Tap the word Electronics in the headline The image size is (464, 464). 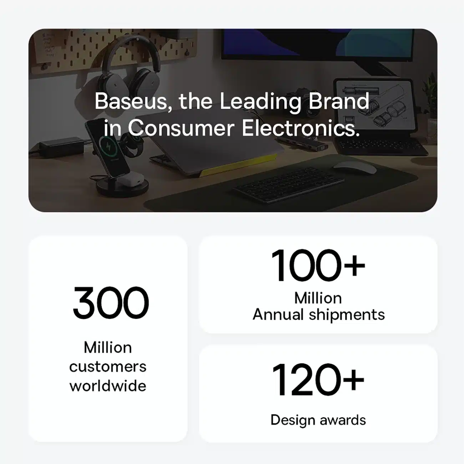[301, 128]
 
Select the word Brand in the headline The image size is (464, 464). [339, 101]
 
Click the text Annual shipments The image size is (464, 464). [319, 315]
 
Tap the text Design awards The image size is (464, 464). [318, 420]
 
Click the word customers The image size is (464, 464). [108, 367]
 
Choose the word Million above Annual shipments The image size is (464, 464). [318, 298]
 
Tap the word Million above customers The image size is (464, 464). [108, 347]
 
